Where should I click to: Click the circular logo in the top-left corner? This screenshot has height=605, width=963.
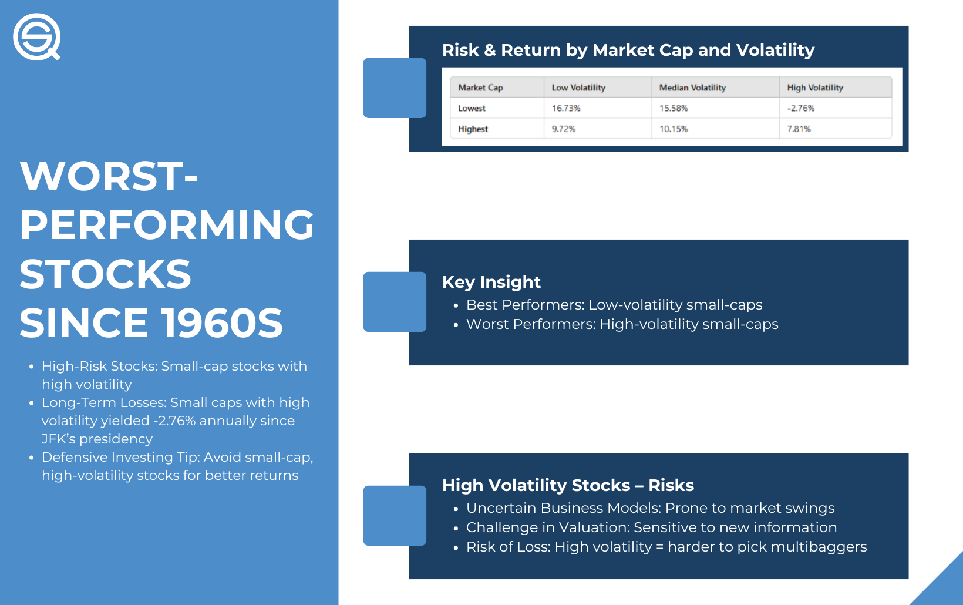pyautogui.click(x=36, y=37)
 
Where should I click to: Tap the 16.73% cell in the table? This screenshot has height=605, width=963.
pyautogui.click(x=566, y=108)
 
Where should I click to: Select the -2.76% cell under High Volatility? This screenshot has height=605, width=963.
pyautogui.click(x=800, y=108)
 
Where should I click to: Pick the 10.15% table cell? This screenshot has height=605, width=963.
pyautogui.click(x=674, y=129)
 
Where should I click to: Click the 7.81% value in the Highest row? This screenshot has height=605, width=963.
pyautogui.click(x=799, y=129)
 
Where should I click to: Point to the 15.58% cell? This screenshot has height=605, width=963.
pyautogui.click(x=674, y=108)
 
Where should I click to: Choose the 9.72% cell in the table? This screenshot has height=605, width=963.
pyautogui.click(x=563, y=129)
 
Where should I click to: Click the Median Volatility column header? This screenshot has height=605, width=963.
pyautogui.click(x=692, y=88)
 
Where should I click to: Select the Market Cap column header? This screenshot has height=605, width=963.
pyautogui.click(x=480, y=88)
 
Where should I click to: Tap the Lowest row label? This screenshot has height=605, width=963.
pyautogui.click(x=472, y=108)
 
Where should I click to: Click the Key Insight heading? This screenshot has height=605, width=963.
pyautogui.click(x=491, y=282)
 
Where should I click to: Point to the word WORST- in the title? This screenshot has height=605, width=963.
pyautogui.click(x=108, y=176)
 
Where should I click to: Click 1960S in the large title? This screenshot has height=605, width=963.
pyautogui.click(x=222, y=323)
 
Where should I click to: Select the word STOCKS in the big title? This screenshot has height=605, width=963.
pyautogui.click(x=105, y=274)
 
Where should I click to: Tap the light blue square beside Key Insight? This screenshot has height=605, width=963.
pyautogui.click(x=395, y=301)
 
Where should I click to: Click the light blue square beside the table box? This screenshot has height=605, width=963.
pyautogui.click(x=395, y=88)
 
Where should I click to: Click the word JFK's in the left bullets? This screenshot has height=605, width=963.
pyautogui.click(x=58, y=439)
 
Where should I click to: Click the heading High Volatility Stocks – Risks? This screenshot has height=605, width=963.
pyautogui.click(x=568, y=485)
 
